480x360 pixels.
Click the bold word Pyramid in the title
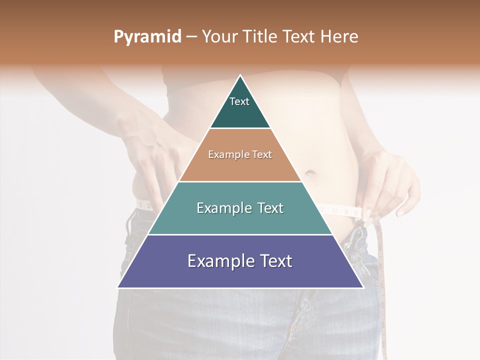coord(147,37)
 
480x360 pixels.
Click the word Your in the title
coord(220,37)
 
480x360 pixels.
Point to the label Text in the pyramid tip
coord(239,101)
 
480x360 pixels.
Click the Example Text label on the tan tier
coord(240,154)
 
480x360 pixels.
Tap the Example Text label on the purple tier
coord(240,261)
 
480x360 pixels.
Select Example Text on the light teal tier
coord(240,208)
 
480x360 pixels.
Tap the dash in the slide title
coord(191,37)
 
